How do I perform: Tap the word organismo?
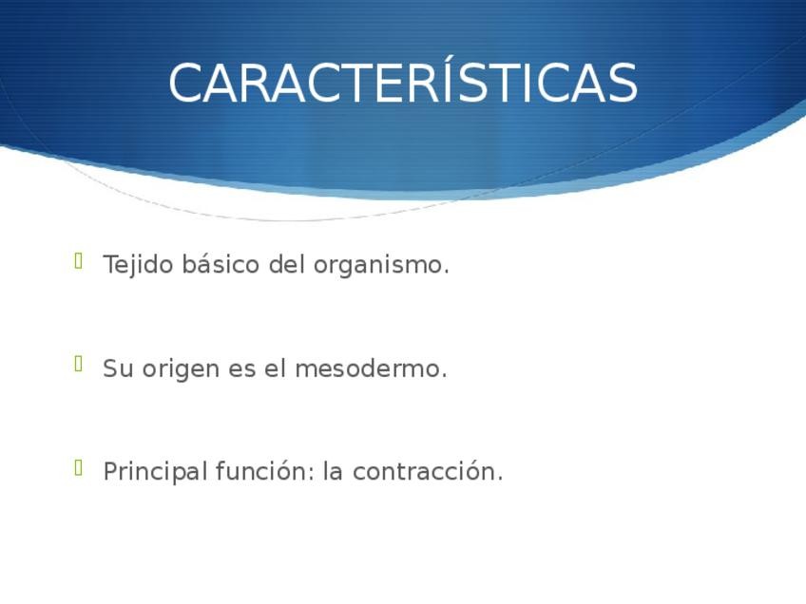[x=381, y=266]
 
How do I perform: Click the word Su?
[x=118, y=368]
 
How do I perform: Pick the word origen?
[x=181, y=369]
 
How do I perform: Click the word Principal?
[x=156, y=472]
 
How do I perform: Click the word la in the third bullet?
[x=333, y=471]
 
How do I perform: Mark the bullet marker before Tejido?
[x=79, y=261]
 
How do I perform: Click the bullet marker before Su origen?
[x=79, y=364]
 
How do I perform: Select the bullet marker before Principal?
[x=79, y=467]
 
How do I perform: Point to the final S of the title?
[x=623, y=83]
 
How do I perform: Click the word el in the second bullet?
[x=275, y=368]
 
